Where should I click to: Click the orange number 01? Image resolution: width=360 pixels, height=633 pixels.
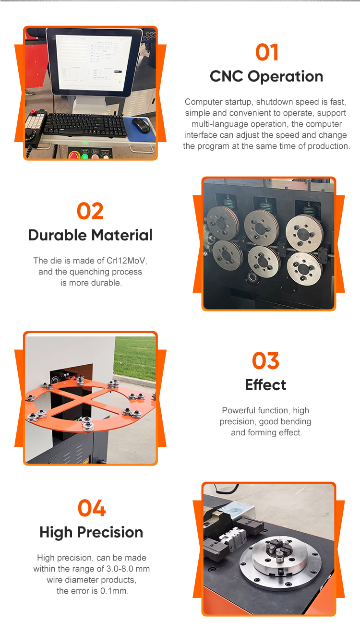[x=267, y=52]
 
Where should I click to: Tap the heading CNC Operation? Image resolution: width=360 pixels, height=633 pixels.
[x=266, y=76]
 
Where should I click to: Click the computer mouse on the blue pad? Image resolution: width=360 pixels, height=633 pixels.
[x=141, y=125]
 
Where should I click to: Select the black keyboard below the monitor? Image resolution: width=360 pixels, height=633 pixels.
[x=85, y=124]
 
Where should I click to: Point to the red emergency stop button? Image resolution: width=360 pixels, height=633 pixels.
[x=74, y=155]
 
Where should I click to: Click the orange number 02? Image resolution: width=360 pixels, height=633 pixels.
[x=90, y=211]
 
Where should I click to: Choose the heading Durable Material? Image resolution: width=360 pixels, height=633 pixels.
[x=90, y=235]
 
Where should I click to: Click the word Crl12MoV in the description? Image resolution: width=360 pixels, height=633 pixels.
[x=126, y=261]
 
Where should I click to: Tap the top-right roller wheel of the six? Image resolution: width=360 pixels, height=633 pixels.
[x=304, y=233]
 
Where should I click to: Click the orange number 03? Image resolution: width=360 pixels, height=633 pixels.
[x=265, y=360]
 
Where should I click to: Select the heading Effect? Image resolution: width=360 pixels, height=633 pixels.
[x=265, y=384]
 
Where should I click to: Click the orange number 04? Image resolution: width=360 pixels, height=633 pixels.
[x=92, y=508]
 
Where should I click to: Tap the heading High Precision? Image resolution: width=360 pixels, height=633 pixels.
[x=91, y=532]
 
